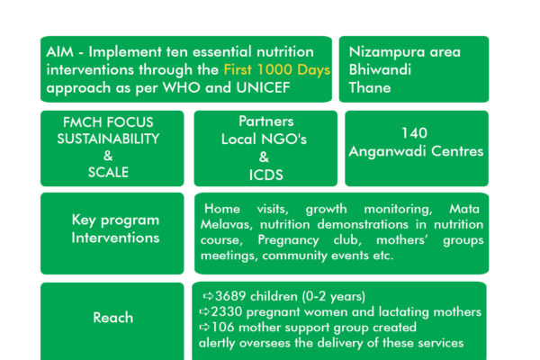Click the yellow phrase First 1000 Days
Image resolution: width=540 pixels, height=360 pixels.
(277, 69)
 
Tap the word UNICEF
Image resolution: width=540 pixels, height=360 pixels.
(263, 88)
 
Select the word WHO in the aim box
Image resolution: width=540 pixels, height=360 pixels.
(181, 88)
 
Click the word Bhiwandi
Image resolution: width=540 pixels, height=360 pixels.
(380, 69)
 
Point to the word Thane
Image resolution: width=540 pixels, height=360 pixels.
(370, 88)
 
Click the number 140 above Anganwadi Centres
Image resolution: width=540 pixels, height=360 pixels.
(414, 133)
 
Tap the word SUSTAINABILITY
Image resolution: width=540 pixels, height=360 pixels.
(108, 139)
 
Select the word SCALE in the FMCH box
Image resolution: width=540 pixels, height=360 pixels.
(108, 172)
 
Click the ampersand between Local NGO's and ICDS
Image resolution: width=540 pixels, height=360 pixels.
(264, 157)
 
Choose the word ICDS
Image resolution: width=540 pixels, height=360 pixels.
(265, 175)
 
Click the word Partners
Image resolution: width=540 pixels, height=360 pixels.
(266, 121)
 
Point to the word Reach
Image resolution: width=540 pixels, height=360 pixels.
(113, 318)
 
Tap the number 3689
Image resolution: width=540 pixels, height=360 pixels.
(230, 296)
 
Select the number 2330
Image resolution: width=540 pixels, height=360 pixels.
(227, 311)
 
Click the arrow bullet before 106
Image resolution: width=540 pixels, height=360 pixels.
(204, 327)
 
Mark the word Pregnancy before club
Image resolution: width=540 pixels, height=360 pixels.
(288, 240)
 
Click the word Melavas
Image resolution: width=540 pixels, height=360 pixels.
(226, 225)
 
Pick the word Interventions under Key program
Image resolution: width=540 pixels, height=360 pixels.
(115, 238)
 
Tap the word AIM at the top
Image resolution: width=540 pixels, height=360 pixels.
(59, 52)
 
